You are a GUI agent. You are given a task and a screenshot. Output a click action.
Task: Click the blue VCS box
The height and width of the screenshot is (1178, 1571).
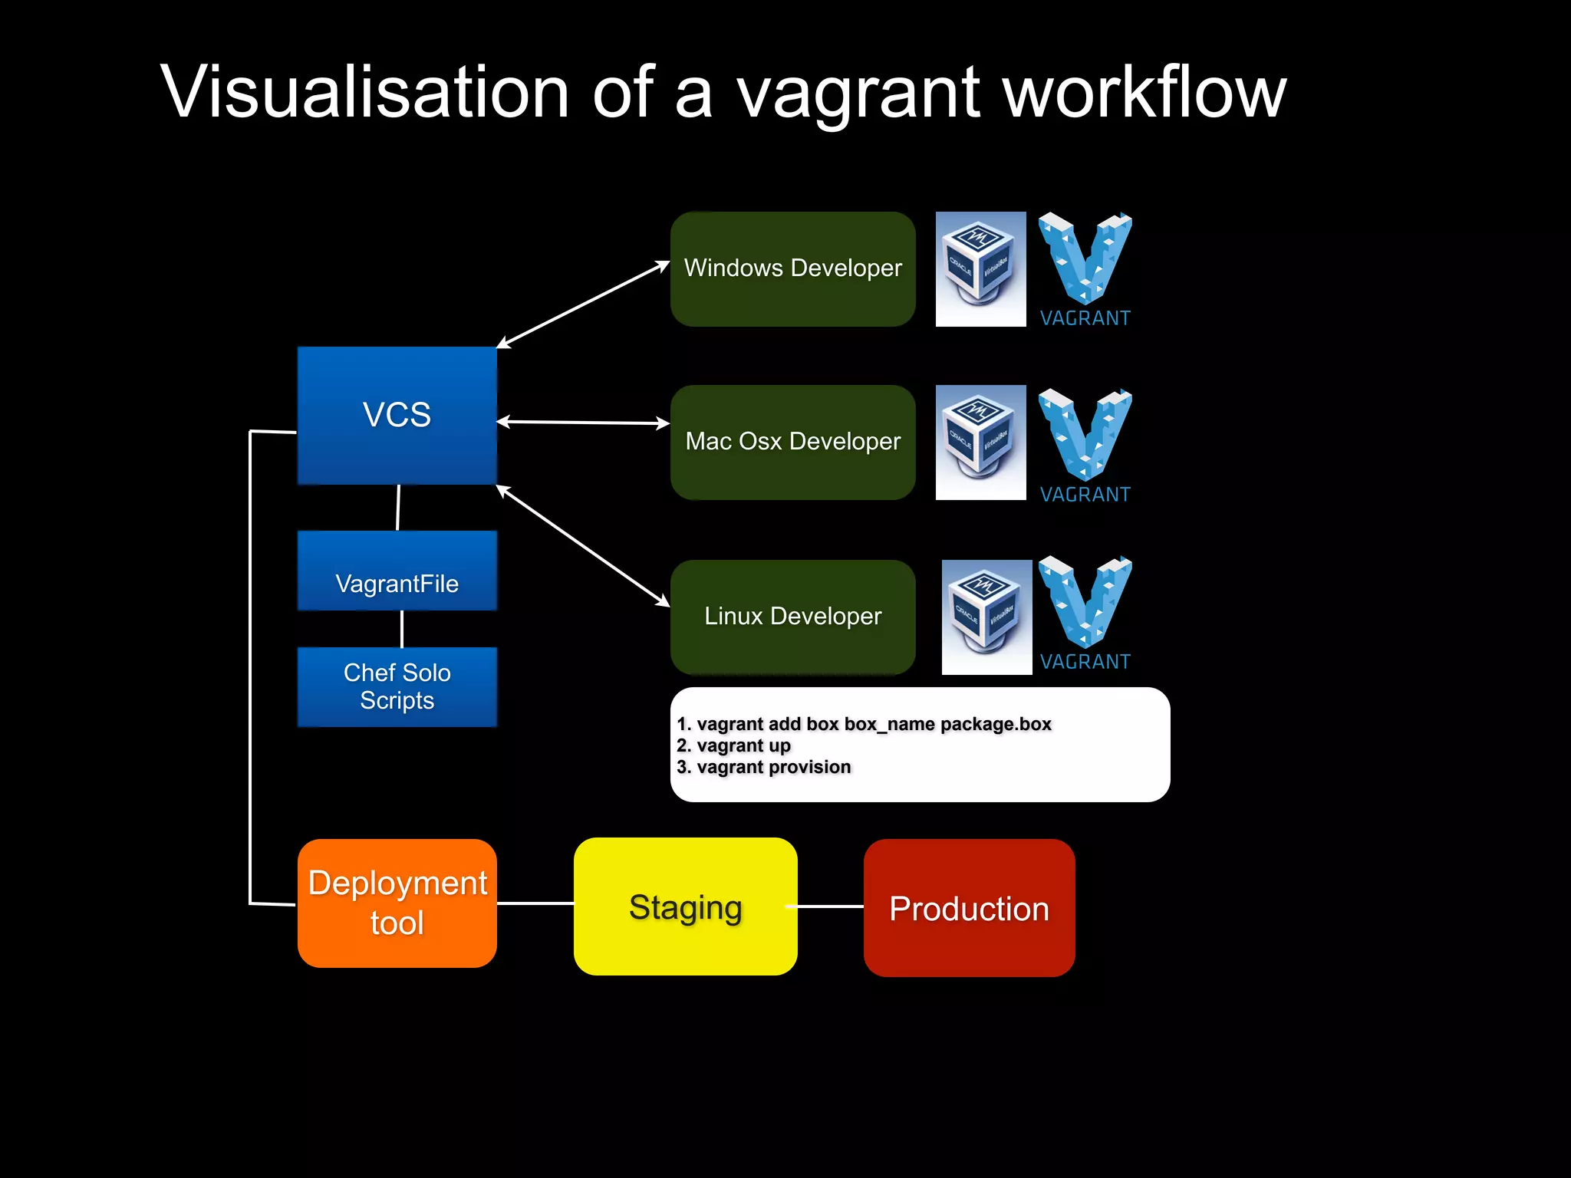[397, 415]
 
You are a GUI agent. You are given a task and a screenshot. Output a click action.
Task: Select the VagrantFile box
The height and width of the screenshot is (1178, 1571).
[397, 571]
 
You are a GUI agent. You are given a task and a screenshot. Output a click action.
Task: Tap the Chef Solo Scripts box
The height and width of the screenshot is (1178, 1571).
[397, 686]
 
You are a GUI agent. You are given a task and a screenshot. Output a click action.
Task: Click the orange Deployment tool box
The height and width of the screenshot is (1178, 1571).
[397, 903]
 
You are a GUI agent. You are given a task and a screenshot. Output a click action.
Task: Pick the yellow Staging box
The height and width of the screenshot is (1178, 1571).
[685, 907]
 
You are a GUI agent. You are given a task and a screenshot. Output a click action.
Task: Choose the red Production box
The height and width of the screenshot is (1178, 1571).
[969, 908]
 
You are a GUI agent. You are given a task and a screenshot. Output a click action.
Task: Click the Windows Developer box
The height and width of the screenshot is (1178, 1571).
[792, 269]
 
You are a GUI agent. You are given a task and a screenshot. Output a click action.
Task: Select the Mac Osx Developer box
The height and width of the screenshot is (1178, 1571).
[792, 443]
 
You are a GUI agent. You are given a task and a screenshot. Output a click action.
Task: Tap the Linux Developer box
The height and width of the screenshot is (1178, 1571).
[792, 617]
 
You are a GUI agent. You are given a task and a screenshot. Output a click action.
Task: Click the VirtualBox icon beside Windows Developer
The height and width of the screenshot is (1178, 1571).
[980, 269]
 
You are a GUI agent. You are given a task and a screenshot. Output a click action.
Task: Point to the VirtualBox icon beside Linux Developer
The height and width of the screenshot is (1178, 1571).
[986, 617]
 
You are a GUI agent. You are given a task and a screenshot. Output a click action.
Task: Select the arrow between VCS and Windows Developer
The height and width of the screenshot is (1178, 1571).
[583, 304]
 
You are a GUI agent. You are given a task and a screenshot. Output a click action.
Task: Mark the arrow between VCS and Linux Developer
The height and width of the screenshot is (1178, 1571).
[583, 545]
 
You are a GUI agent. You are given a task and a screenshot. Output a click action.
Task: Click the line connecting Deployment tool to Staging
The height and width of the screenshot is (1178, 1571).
[535, 903]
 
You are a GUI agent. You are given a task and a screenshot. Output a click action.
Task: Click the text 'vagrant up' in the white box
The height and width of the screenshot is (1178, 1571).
[743, 745]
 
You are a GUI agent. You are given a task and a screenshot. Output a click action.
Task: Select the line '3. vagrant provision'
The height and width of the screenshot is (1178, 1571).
[764, 767]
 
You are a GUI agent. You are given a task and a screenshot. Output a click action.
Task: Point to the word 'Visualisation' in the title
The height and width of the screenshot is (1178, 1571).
[364, 92]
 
